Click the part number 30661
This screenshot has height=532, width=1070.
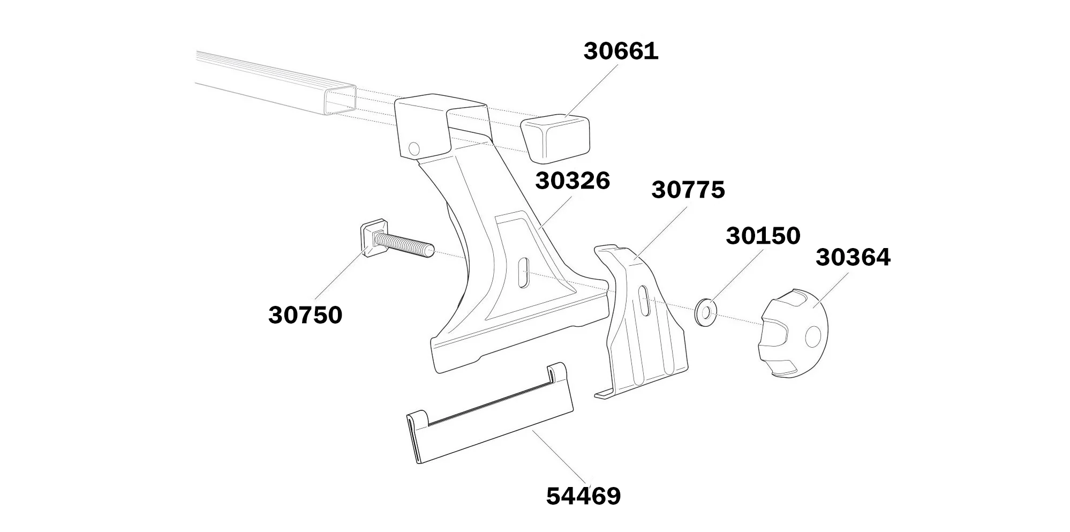tap(621, 52)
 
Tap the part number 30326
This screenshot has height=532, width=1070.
tap(572, 182)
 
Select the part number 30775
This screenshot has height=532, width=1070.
tap(688, 190)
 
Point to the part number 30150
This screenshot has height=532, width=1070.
tap(763, 236)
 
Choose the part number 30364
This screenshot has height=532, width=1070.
tap(853, 258)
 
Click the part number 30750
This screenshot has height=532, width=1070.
tap(305, 316)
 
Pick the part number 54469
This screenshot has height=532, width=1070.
tap(583, 497)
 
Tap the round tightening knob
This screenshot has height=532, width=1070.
tap(795, 333)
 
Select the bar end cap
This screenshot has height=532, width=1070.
tap(555, 138)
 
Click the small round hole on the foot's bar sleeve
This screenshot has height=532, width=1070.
tap(414, 148)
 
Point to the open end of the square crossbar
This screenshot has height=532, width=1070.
tap(341, 100)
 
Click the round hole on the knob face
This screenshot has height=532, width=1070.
tap(813, 336)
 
